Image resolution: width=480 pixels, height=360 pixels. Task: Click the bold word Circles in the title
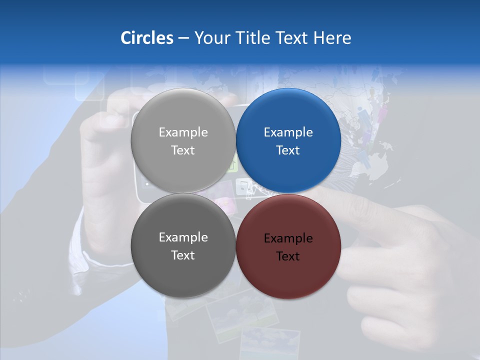pyautogui.click(x=147, y=38)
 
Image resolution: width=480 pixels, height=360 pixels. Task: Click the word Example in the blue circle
pyautogui.click(x=288, y=132)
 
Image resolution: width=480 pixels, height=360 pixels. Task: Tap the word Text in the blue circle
pyautogui.click(x=288, y=150)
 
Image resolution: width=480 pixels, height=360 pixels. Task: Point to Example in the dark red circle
pyautogui.click(x=288, y=238)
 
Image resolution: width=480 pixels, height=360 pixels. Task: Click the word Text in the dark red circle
pyautogui.click(x=288, y=256)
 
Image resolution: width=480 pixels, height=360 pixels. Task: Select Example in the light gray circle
pyautogui.click(x=183, y=132)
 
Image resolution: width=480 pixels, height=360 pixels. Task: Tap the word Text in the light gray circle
pyautogui.click(x=183, y=150)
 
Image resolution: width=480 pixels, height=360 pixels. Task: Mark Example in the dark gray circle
pyautogui.click(x=183, y=237)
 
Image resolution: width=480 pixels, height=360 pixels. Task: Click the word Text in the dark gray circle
pyautogui.click(x=183, y=255)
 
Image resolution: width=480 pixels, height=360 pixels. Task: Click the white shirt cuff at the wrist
pyautogui.click(x=80, y=255)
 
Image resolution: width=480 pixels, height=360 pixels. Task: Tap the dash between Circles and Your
pyautogui.click(x=183, y=38)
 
